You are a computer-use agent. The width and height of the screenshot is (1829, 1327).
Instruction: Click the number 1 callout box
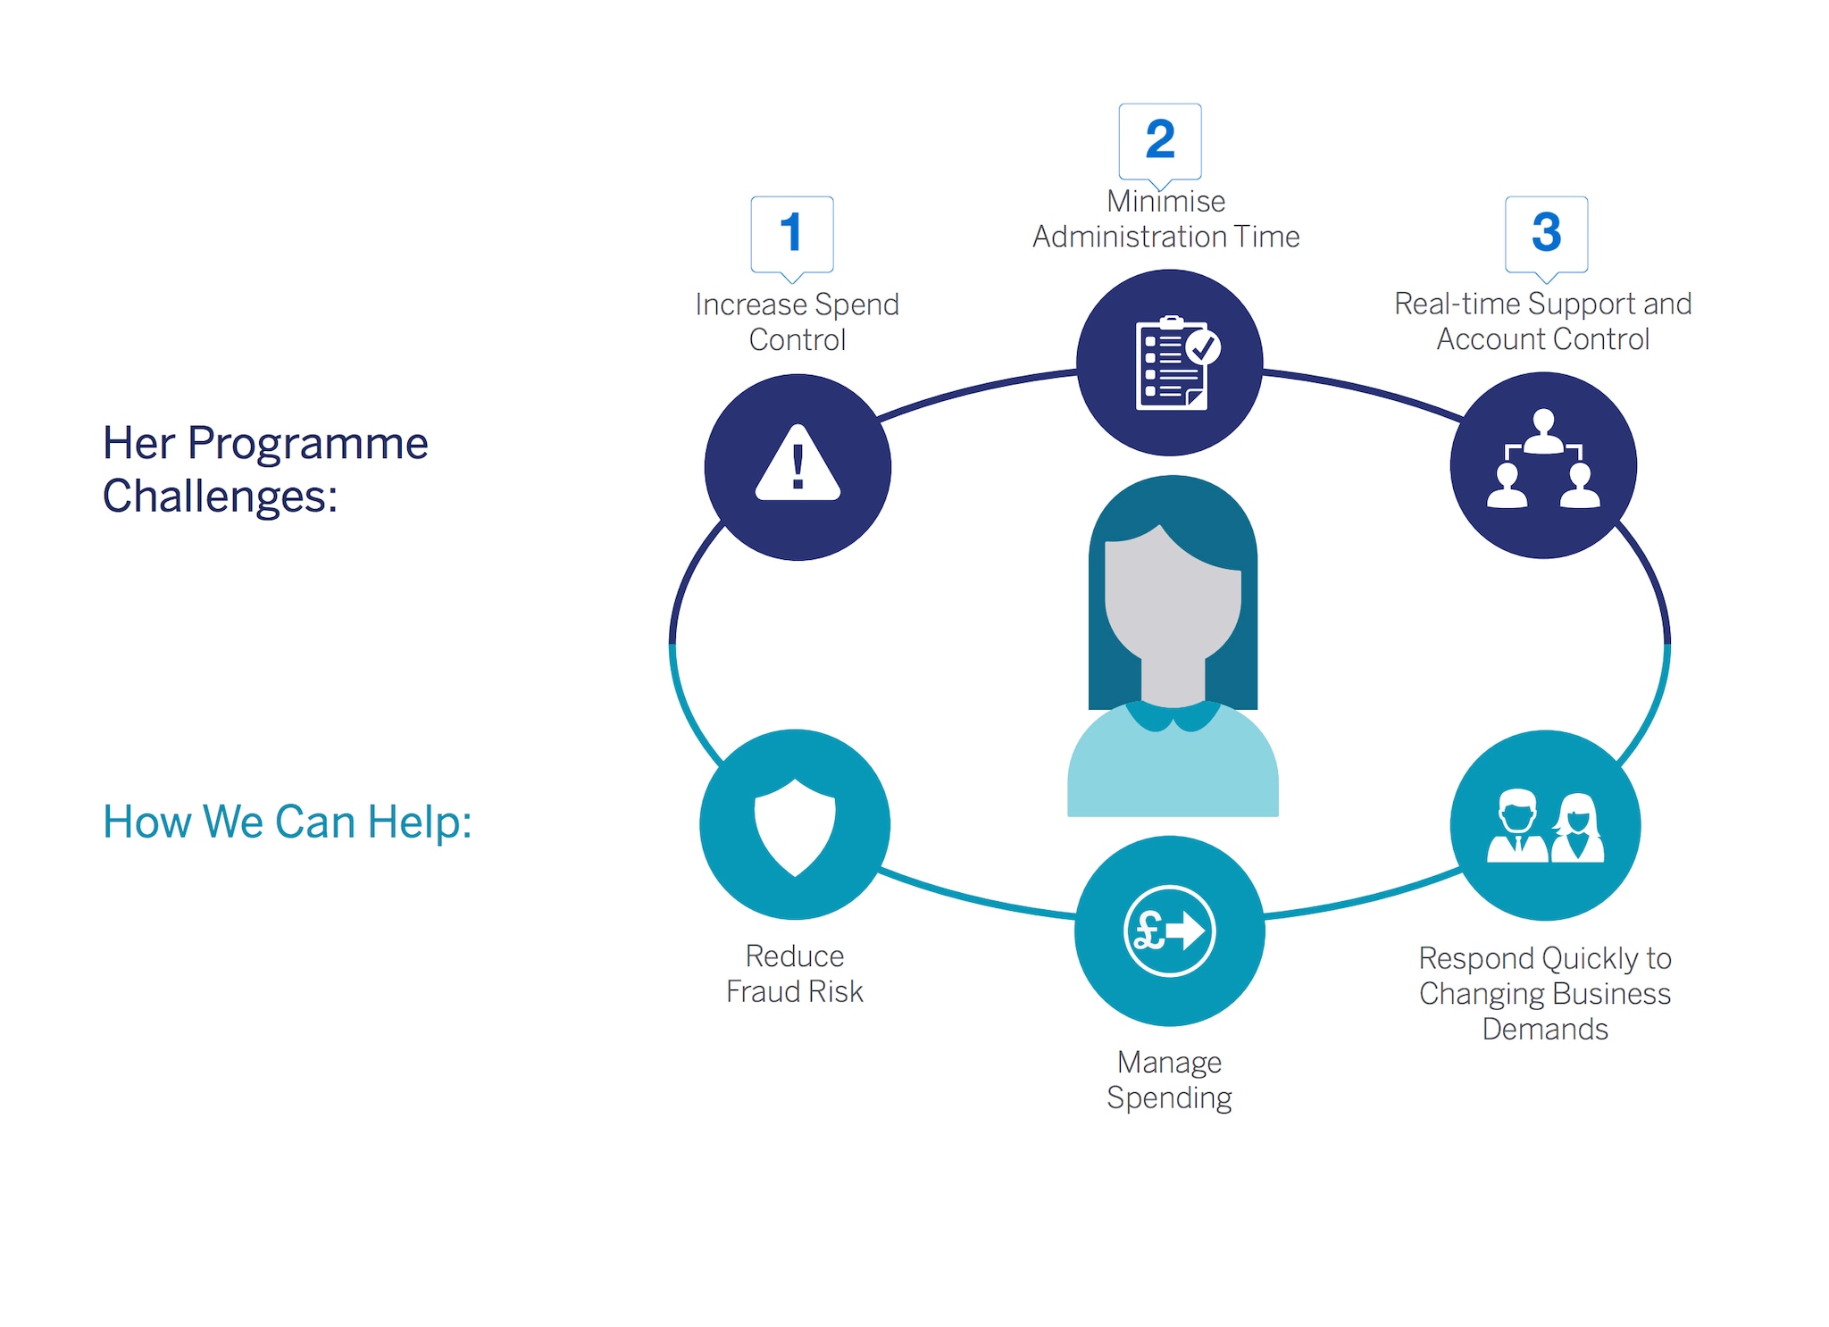point(792,233)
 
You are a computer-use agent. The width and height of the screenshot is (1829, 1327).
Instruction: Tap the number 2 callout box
point(1160,140)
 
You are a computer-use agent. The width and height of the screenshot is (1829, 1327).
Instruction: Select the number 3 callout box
point(1546,233)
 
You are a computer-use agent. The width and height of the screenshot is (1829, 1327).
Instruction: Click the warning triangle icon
point(798,465)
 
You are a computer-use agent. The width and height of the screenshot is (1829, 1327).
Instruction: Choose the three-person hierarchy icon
point(1543,461)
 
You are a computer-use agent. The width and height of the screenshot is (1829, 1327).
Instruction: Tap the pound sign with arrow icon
point(1169,931)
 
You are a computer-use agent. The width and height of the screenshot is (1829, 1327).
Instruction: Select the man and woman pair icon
point(1545,827)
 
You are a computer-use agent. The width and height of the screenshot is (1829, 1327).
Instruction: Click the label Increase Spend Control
point(797,322)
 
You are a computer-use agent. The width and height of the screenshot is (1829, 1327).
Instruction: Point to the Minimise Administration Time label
point(1165,220)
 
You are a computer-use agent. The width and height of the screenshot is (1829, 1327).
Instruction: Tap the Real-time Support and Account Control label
point(1542,321)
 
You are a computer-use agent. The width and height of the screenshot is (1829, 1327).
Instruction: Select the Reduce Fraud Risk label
point(794,974)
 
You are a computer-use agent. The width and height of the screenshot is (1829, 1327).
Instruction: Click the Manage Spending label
point(1169,1080)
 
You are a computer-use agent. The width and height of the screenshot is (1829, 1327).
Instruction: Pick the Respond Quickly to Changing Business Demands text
point(1545,994)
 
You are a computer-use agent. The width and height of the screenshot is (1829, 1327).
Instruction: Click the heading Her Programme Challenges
point(265,469)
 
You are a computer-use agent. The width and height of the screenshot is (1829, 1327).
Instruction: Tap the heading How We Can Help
point(287,822)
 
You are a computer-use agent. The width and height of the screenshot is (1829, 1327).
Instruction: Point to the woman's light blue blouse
point(1173,768)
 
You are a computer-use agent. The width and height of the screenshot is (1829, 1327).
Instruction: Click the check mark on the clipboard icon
point(1204,347)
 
